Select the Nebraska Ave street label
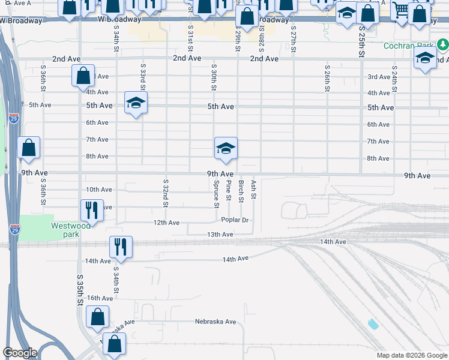(215, 322)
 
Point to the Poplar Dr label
(235, 220)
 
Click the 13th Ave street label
(220, 235)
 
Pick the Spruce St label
(216, 193)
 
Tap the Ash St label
(253, 189)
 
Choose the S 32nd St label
(165, 193)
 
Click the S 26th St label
(327, 78)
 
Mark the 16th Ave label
(100, 298)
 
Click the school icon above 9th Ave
(226, 148)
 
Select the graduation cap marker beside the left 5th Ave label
(136, 103)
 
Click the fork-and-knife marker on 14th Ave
(121, 247)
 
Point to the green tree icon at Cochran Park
(442, 44)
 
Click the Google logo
(20, 353)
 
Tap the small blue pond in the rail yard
(373, 324)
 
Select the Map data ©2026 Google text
(411, 355)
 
